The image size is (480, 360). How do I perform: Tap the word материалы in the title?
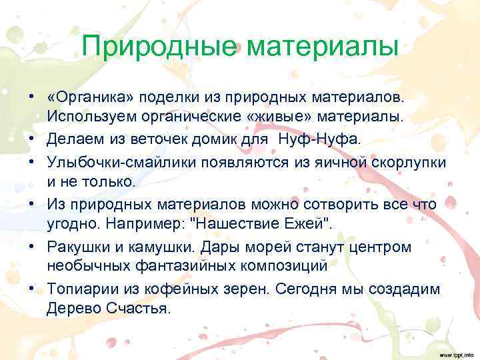[323, 47]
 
